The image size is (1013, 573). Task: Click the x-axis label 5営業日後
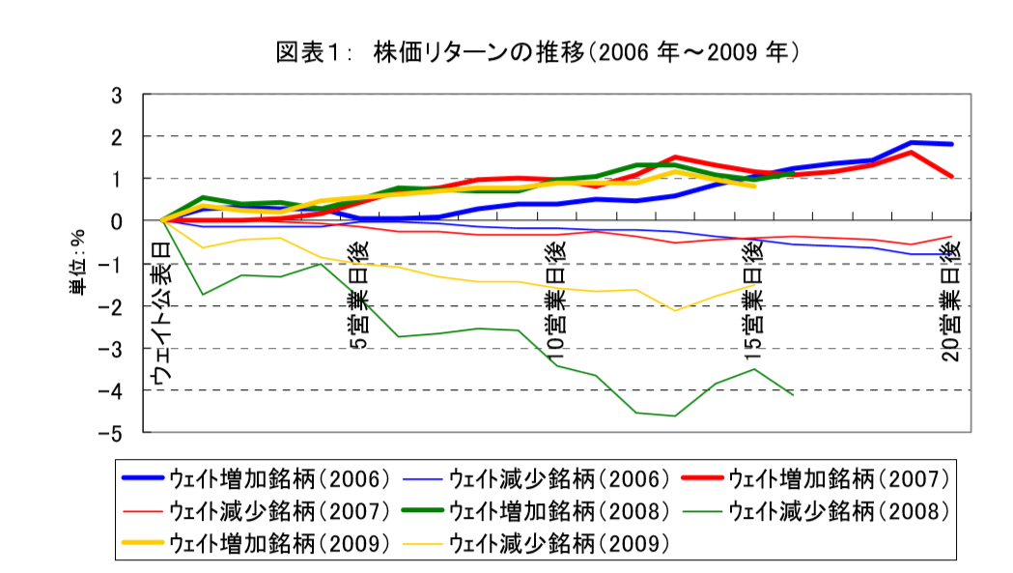(x=357, y=292)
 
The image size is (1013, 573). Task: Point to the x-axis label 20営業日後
(x=951, y=299)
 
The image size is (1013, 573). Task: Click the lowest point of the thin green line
(x=674, y=415)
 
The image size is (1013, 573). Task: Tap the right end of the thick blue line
(x=952, y=144)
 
